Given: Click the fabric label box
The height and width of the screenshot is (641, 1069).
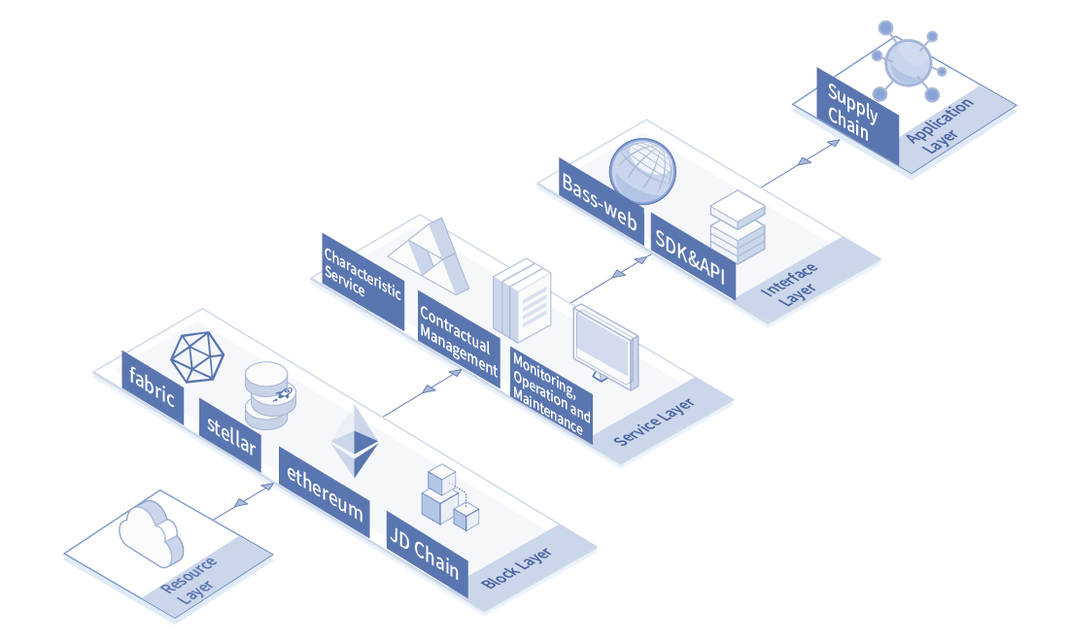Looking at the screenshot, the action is coord(153,388).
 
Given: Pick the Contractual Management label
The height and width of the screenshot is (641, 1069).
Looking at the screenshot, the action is coord(459,340).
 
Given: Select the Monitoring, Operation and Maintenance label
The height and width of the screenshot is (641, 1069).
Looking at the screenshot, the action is coord(552,396).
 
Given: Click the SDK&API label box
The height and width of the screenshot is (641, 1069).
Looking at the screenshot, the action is coord(693,256).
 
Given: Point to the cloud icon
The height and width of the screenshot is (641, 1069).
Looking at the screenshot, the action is coord(152,533).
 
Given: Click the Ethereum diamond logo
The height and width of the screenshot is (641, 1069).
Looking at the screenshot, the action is coord(355,441).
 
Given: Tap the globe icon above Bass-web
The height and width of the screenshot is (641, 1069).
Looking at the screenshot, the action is coord(642,171).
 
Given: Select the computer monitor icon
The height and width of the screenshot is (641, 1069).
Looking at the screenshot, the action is coord(606,348).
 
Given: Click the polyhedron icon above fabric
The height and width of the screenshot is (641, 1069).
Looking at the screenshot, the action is coord(197,357).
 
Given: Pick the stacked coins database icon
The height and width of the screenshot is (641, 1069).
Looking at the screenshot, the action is coord(270,395).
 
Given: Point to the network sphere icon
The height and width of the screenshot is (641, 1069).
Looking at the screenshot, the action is coord(908,61).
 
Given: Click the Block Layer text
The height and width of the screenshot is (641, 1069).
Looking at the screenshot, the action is coord(516,568).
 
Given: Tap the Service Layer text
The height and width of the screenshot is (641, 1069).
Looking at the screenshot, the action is coord(654,422).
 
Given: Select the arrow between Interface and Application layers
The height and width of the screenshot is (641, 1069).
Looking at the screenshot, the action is coord(801,163).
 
